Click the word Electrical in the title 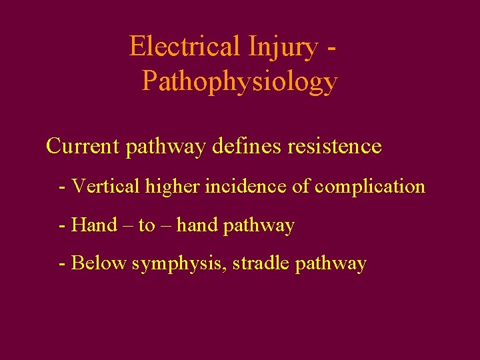pos(185,47)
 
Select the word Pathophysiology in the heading pos(240,83)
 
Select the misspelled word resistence pos(335,146)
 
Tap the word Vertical pos(103,186)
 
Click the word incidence pos(247,186)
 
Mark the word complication pos(370,186)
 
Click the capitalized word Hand pos(94,225)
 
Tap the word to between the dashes pos(147,225)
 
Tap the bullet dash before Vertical pos(63,187)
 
